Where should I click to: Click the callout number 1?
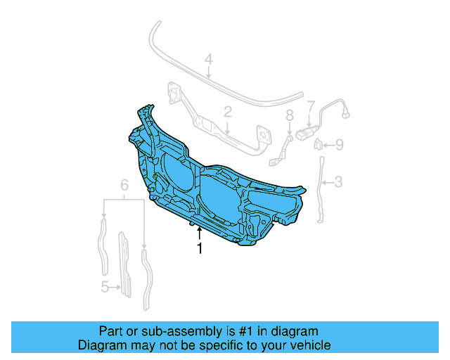pos(200,248)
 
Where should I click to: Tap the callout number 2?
pos(228,111)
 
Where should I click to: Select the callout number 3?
pos(338,183)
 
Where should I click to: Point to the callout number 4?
pos(208,60)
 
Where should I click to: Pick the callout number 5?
pos(105,286)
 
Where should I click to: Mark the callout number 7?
pos(310,106)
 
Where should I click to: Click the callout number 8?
pos(289,116)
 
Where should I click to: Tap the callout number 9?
pos(339,145)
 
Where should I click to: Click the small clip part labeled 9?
pos(318,145)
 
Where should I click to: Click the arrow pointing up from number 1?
pos(200,233)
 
